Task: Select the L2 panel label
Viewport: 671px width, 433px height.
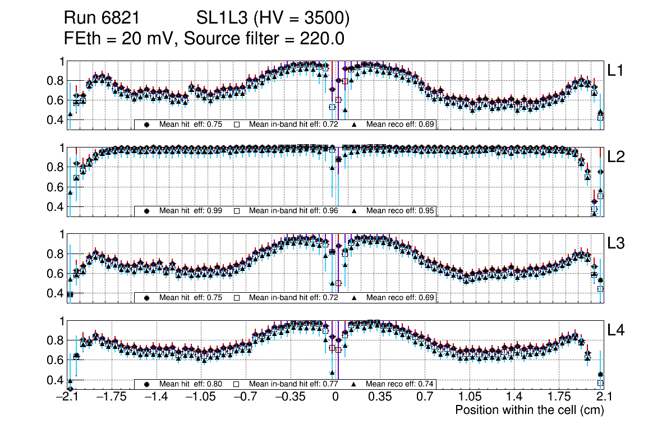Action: (x=615, y=156)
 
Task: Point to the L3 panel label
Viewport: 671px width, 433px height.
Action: (x=615, y=243)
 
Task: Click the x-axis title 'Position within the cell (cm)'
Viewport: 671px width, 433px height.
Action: (x=529, y=410)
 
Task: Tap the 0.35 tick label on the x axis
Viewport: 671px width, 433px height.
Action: (x=380, y=397)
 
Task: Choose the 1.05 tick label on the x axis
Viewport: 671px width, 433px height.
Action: (x=468, y=397)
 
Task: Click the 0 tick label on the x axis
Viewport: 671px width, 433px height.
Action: (x=335, y=397)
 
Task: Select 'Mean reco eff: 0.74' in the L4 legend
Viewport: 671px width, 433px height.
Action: (x=401, y=384)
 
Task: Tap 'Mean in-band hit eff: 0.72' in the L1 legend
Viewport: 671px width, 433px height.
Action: (x=293, y=125)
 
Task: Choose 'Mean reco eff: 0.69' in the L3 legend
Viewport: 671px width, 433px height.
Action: (x=401, y=297)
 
